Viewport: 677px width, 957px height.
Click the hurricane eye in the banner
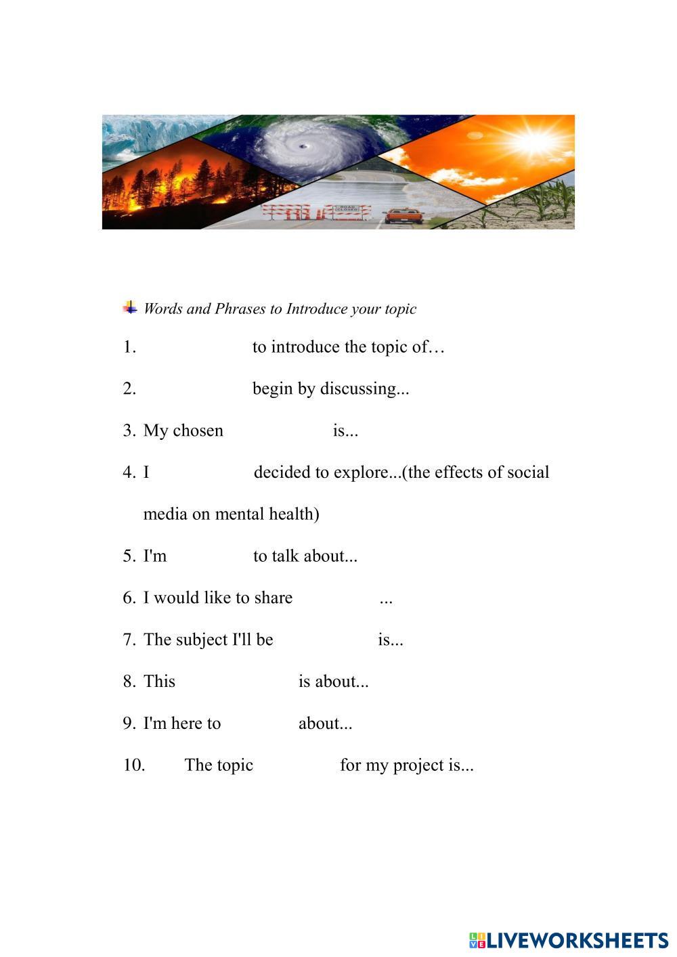pos(302,146)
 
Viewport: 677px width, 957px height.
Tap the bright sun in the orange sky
pos(536,141)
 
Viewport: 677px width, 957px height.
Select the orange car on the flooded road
pos(403,216)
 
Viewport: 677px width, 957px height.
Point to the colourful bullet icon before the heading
pos(130,308)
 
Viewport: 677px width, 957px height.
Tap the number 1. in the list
pos(129,347)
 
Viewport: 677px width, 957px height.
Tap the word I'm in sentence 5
pos(155,556)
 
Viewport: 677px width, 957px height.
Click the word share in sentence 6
pos(274,598)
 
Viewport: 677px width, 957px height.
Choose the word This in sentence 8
pos(159,682)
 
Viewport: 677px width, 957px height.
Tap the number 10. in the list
pos(134,765)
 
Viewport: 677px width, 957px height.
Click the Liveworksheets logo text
pos(576,940)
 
